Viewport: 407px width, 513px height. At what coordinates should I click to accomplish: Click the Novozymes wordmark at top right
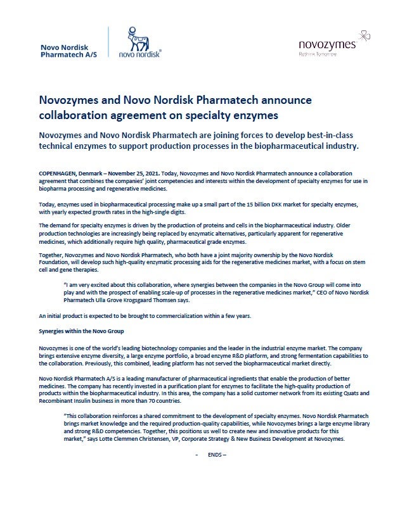[326, 44]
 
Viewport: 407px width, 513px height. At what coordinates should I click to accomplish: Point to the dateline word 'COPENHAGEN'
[59, 172]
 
